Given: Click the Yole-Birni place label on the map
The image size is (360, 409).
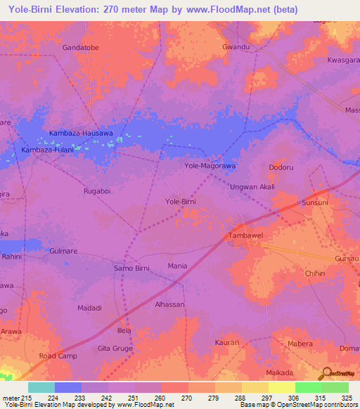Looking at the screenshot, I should (180, 202).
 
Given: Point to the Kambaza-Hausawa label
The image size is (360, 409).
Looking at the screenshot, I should (81, 133).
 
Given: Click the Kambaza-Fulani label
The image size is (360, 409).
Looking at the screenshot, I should (48, 150).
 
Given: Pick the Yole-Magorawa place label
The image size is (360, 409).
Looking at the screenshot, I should (209, 166).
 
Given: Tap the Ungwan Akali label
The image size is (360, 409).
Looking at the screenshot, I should (252, 187).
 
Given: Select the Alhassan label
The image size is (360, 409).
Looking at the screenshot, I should (169, 304).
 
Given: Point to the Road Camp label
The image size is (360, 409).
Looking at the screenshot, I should (58, 356).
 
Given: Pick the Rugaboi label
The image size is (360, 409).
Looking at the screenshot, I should (97, 190).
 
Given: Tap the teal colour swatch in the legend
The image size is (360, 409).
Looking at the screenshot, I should (41, 387).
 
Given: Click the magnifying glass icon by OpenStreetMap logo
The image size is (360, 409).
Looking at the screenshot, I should (326, 373).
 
